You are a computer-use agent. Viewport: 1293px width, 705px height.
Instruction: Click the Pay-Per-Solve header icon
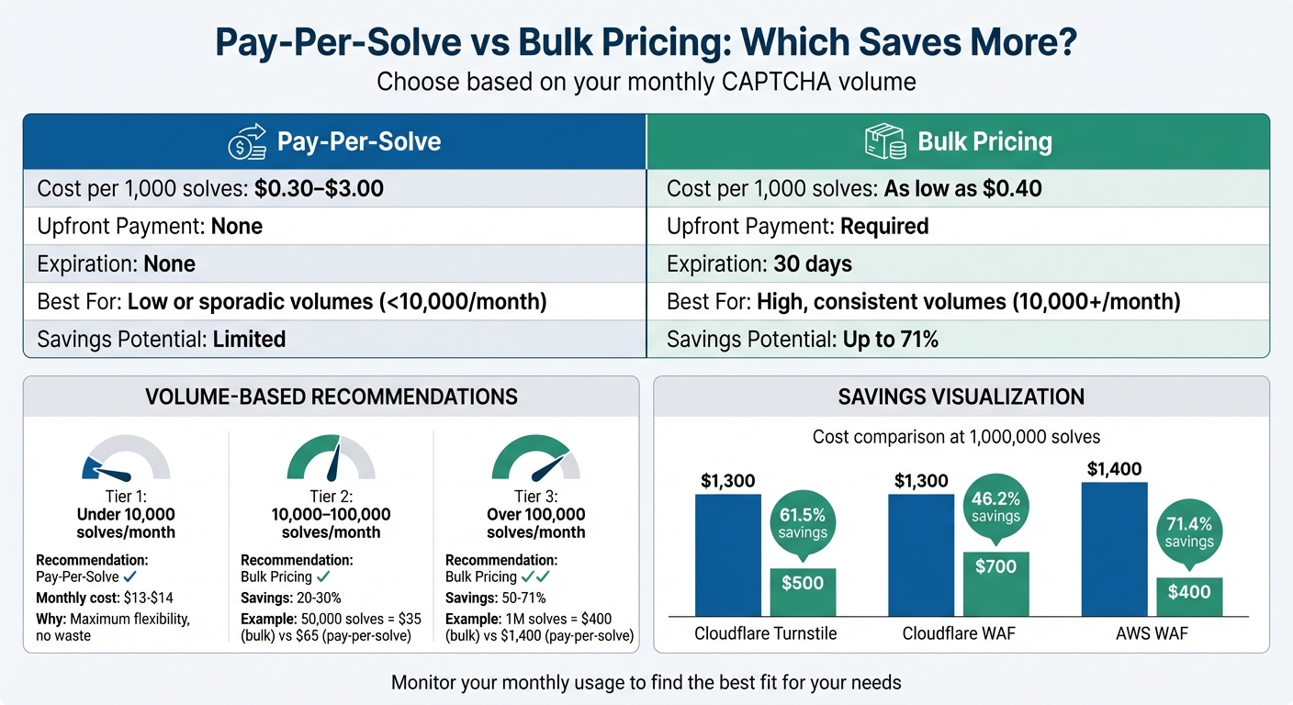[x=246, y=142]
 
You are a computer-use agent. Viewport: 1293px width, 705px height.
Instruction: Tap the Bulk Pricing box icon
[x=885, y=142]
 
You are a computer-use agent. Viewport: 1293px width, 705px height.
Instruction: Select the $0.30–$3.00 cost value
[x=319, y=190]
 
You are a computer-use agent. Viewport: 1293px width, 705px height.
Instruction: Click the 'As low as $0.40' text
[x=962, y=190]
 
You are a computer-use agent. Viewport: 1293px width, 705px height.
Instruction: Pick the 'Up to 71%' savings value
[x=891, y=340]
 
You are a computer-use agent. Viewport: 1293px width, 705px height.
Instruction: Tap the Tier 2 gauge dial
[x=331, y=457]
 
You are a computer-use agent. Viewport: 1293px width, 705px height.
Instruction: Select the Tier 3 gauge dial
[x=536, y=457]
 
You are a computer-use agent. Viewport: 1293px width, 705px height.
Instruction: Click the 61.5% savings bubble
[x=803, y=523]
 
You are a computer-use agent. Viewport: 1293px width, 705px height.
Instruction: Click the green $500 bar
[x=803, y=592]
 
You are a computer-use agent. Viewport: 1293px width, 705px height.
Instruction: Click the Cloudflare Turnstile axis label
[x=765, y=633]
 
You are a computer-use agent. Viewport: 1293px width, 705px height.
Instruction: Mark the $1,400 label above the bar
[x=1114, y=469]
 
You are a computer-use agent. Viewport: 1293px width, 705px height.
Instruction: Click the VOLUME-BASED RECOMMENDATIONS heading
[x=332, y=397]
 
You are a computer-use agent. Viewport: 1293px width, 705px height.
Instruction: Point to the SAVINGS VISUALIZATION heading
[x=961, y=397]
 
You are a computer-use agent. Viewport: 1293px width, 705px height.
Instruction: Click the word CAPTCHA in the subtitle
[x=769, y=82]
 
